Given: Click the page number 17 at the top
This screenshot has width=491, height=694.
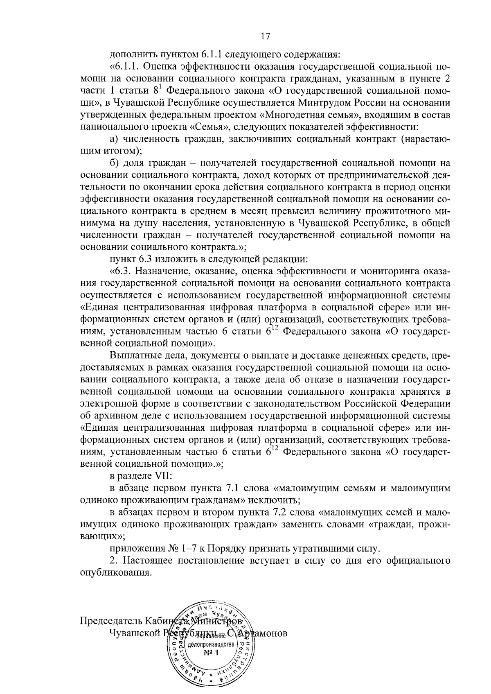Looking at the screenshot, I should pyautogui.click(x=265, y=36).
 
